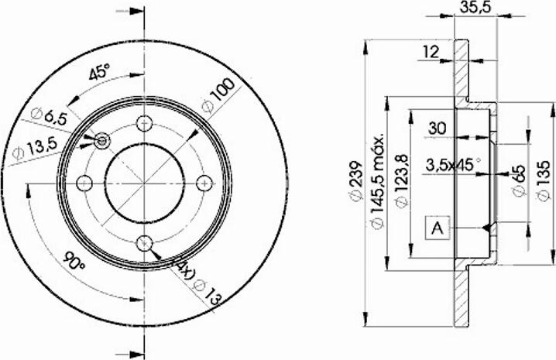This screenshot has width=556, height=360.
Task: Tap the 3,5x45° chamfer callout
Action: [453, 164]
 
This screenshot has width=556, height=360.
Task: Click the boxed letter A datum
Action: [438, 228]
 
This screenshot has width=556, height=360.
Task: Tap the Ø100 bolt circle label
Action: [218, 98]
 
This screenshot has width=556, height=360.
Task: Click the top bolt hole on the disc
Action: [144, 122]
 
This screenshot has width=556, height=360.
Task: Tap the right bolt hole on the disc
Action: [204, 182]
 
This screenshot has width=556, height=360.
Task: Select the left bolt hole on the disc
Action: [84, 183]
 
